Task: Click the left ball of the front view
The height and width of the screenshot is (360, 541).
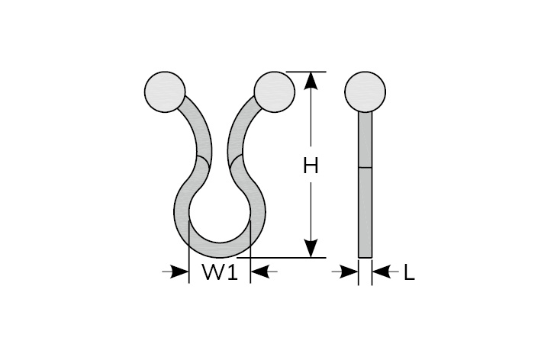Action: (165, 92)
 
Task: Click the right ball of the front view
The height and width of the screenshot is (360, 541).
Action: (274, 92)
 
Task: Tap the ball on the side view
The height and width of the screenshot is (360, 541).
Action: (365, 92)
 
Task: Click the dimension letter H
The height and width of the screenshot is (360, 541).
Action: (311, 166)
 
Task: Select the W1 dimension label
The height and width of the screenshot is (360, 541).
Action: (220, 272)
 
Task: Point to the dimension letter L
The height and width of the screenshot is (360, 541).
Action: (409, 272)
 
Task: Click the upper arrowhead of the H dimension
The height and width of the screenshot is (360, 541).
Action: (311, 81)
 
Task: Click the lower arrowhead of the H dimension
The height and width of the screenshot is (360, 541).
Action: (311, 249)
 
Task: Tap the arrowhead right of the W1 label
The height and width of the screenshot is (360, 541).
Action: (260, 271)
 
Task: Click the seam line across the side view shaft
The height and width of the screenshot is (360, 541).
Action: (365, 166)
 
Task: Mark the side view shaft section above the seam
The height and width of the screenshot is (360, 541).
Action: (365, 139)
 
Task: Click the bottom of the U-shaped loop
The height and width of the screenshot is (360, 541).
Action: (220, 249)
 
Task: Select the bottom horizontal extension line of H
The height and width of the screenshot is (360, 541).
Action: (290, 258)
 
